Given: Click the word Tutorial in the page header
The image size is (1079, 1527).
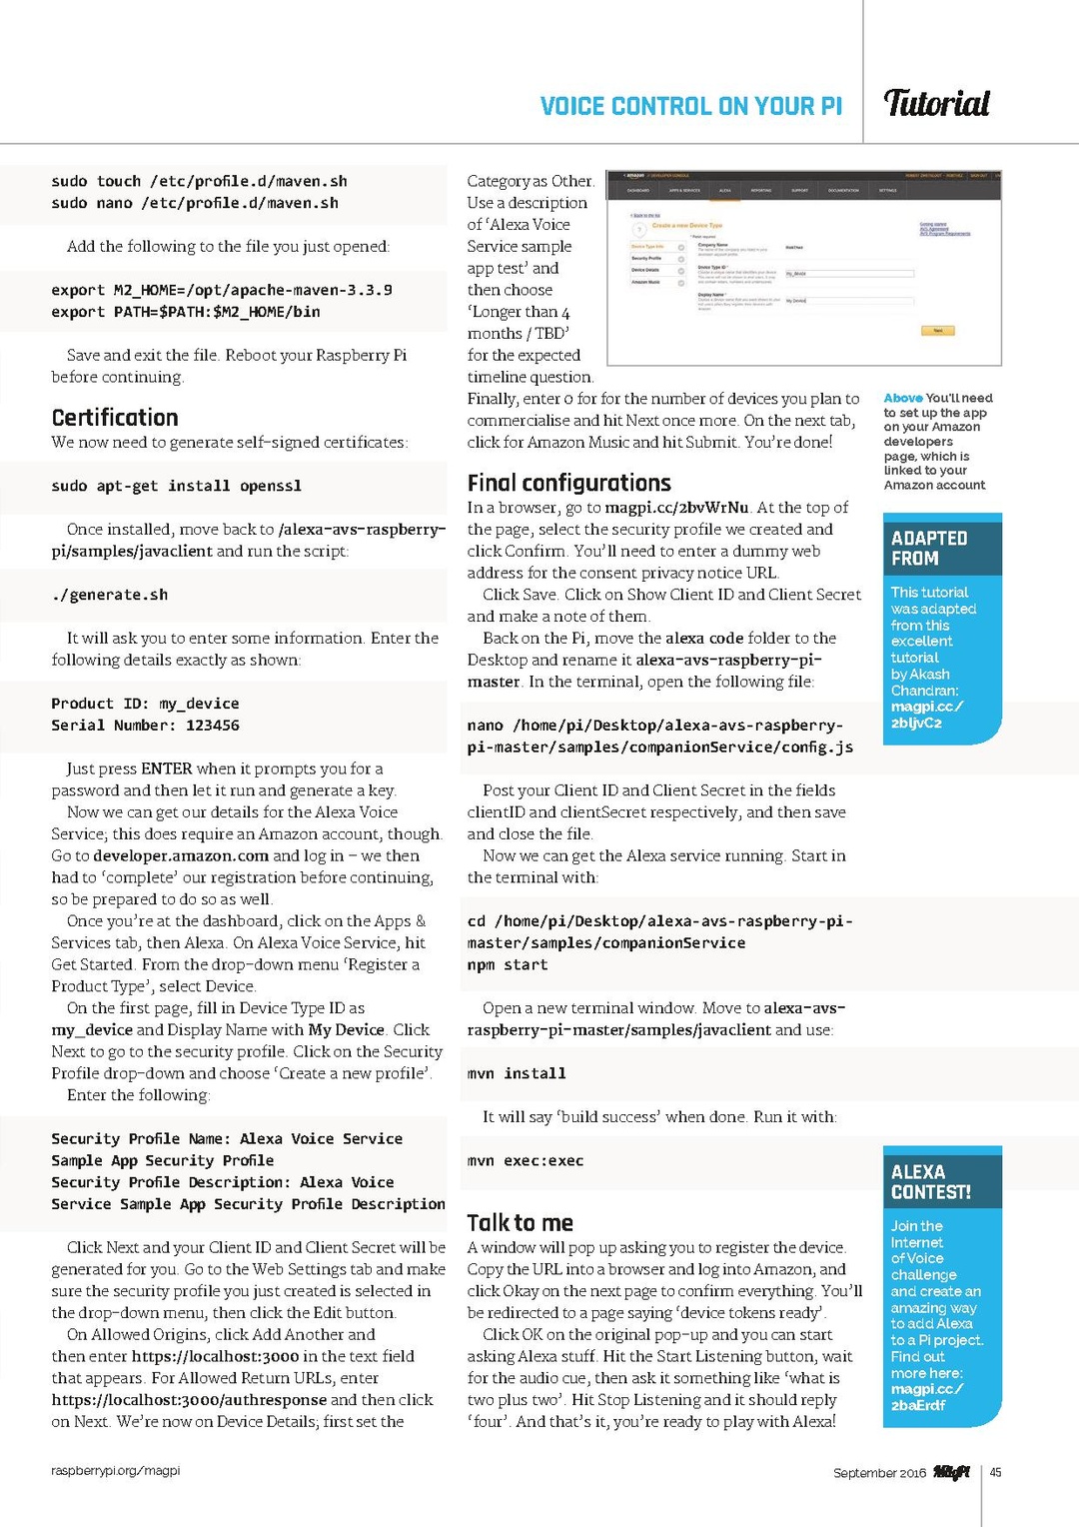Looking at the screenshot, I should (936, 103).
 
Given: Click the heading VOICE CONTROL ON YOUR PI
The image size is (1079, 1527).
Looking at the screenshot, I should (690, 106).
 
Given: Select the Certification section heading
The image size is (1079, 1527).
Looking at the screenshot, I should (115, 418).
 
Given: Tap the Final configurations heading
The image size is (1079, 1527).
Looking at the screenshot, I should (568, 483).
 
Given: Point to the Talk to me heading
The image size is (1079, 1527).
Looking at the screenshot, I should (520, 1222).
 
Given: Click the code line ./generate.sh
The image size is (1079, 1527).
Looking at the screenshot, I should (110, 595).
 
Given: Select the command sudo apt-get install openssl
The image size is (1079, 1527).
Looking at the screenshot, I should (176, 486).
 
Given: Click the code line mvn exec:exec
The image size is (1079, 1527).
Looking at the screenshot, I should (526, 1160).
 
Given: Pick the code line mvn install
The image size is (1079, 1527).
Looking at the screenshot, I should (517, 1073).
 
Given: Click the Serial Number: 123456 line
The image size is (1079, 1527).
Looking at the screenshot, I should (145, 726).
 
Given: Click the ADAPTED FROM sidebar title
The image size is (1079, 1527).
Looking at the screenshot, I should (929, 548).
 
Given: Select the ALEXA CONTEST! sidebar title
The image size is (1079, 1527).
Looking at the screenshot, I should (930, 1182).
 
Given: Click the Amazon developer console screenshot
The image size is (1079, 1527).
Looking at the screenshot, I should (805, 268).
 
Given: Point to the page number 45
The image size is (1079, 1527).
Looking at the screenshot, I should (995, 1472).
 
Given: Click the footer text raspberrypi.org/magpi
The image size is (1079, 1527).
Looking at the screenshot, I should (116, 1470).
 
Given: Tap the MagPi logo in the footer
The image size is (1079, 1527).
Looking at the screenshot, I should (951, 1472).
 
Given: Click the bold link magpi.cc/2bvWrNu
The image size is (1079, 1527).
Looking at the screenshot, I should (676, 508).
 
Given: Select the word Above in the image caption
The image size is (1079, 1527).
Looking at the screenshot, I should (903, 398).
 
